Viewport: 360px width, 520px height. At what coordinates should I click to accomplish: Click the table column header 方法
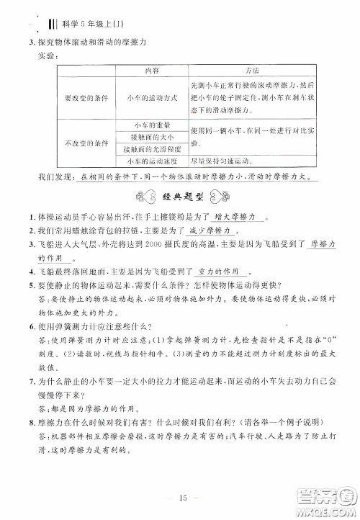coord(252,73)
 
